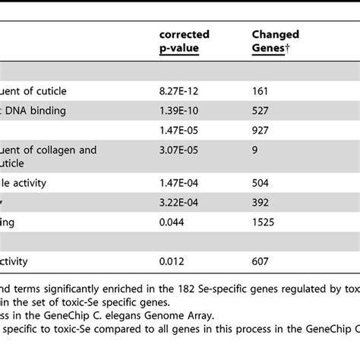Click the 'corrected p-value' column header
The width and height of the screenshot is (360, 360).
click(184, 41)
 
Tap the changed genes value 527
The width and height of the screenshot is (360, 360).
click(262, 111)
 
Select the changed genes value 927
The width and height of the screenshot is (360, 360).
click(262, 131)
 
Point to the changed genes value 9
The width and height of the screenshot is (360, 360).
click(255, 150)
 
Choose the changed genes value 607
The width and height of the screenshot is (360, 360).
click(262, 261)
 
